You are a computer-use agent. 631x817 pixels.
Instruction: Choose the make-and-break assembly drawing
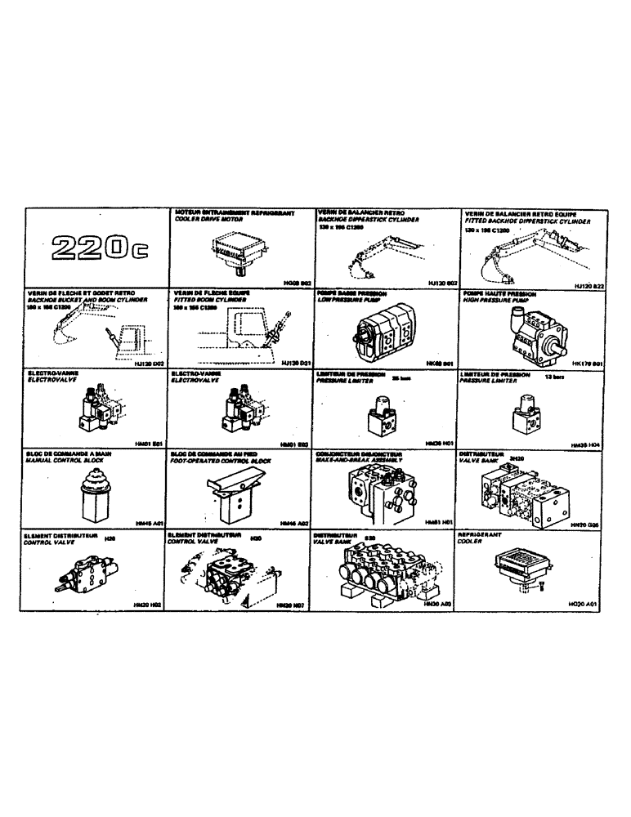[x=383, y=492]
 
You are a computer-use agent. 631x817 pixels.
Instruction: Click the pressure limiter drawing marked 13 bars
[x=526, y=413]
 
